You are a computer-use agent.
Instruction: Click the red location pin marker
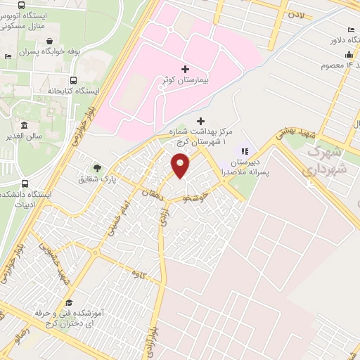click(x=181, y=166)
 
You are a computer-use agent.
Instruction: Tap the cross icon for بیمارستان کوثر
click(x=185, y=69)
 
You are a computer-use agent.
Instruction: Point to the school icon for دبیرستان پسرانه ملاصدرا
click(x=245, y=150)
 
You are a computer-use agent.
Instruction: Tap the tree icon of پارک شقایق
click(x=97, y=167)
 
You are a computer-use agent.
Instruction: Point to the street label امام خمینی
click(x=111, y=220)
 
